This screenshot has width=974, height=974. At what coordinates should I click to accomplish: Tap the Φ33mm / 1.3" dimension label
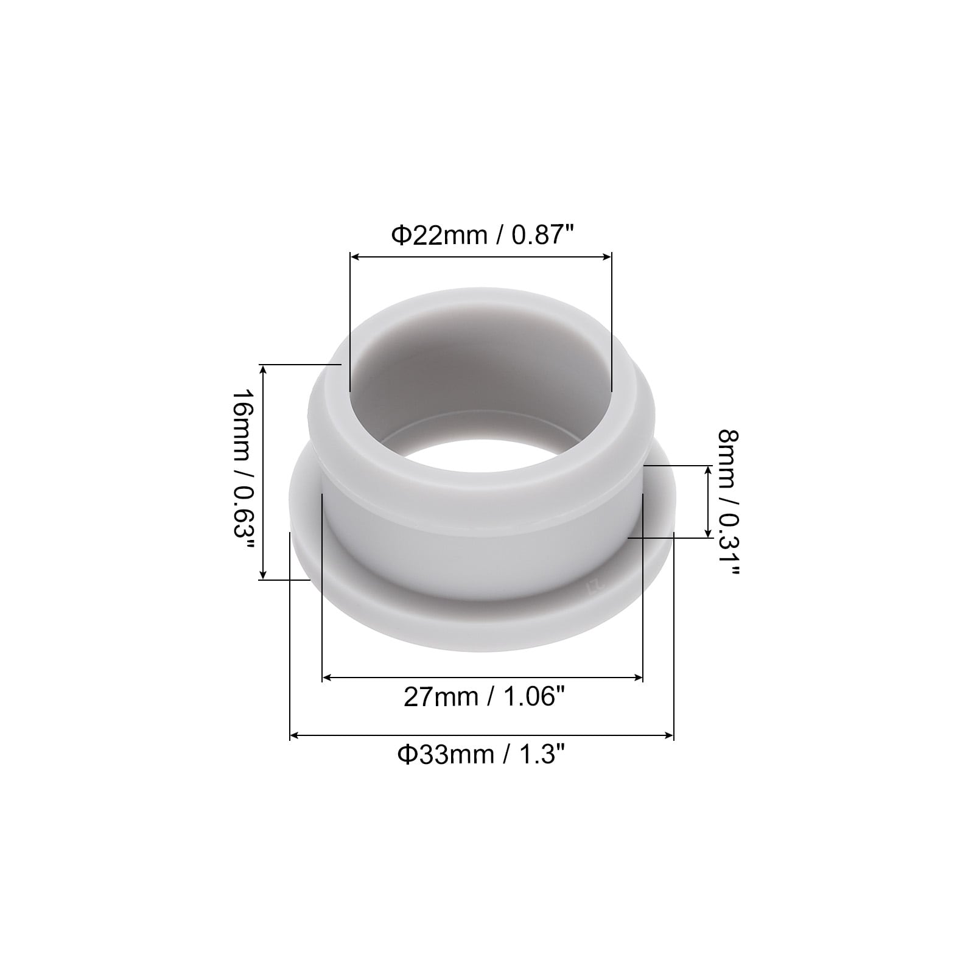482,755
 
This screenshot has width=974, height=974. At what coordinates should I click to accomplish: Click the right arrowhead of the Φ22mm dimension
606,258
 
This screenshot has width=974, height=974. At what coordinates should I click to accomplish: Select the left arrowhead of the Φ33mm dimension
295,735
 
